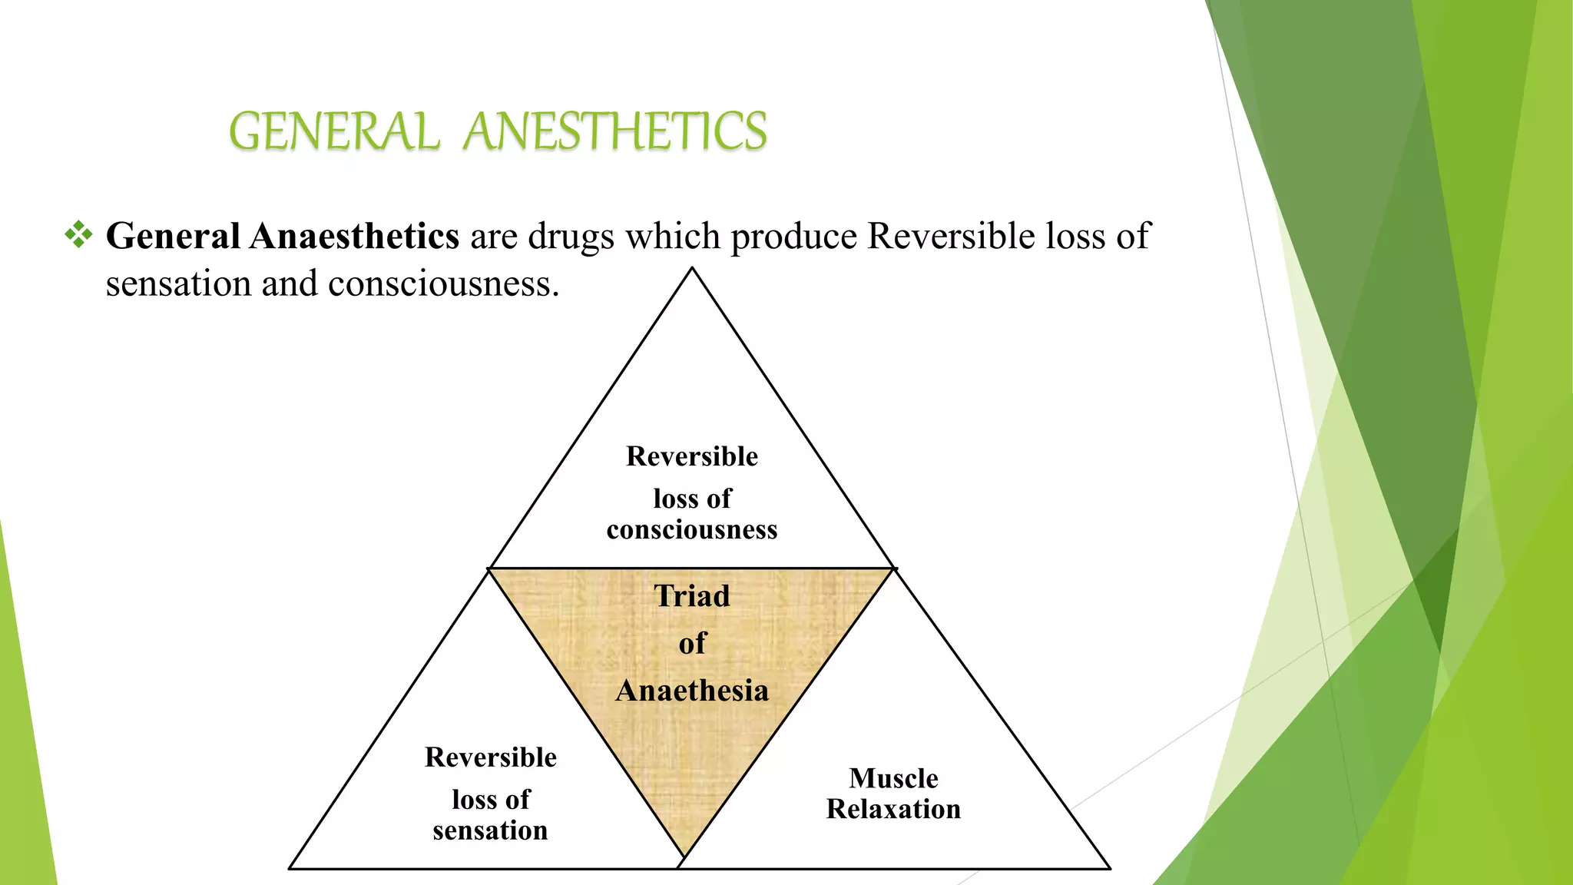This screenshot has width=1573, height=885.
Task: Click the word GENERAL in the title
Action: point(334,131)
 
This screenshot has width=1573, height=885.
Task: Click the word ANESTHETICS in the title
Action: point(615,131)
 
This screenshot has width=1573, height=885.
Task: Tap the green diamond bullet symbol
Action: point(78,234)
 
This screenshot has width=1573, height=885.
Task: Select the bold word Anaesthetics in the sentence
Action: point(354,236)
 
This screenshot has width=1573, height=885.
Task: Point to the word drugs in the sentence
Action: point(571,237)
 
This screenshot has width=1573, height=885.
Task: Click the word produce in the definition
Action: point(793,237)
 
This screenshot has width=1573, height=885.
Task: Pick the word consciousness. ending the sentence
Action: point(443,284)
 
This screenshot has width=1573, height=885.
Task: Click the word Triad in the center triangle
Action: point(692,596)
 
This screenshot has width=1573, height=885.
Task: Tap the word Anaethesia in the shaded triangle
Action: point(692,691)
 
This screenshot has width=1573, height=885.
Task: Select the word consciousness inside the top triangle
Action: point(692,530)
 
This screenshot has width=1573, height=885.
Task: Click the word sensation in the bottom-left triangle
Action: point(490,830)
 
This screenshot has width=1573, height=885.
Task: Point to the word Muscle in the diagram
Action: point(893,778)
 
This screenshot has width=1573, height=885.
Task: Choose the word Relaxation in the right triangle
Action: point(893,809)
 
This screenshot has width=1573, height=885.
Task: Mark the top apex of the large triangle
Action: point(692,268)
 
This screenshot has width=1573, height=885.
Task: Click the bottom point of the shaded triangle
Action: point(684,857)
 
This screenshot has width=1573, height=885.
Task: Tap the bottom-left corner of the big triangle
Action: point(290,868)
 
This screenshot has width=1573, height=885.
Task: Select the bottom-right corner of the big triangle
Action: point(1109,868)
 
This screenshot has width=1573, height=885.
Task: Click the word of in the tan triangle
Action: point(692,644)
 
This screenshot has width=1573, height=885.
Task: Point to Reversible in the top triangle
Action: point(692,456)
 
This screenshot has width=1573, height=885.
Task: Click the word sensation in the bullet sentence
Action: point(178,284)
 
